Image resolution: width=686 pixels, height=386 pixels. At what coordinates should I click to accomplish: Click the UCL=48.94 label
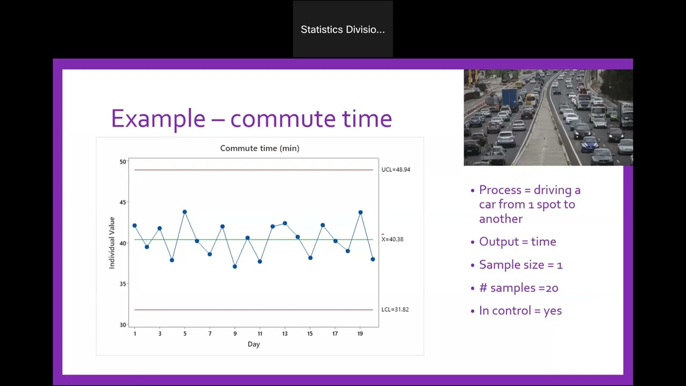396,169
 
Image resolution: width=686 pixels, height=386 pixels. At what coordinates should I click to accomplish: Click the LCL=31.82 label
394,309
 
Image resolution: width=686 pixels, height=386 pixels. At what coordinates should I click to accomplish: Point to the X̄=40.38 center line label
392,239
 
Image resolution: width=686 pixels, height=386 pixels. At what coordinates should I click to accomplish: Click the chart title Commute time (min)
259,148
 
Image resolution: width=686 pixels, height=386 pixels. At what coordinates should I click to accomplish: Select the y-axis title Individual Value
112,242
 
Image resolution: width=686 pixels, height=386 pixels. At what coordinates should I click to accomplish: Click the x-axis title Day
253,344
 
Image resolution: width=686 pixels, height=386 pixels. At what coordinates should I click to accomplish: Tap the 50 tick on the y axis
123,162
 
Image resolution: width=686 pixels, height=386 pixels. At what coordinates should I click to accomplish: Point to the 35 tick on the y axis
123,284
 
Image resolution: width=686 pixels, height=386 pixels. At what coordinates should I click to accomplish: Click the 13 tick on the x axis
285,333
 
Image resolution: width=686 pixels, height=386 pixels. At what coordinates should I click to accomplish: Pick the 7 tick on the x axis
210,333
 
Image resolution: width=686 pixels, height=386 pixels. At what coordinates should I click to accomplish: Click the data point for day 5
185,212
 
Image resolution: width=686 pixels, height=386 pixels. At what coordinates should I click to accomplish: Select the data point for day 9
235,266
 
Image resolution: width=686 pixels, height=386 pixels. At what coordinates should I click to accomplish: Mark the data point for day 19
361,212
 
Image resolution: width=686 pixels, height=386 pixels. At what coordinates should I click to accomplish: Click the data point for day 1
135,226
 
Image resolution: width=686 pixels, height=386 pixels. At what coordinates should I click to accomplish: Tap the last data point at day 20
373,259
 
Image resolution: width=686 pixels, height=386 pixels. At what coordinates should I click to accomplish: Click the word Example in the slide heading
158,118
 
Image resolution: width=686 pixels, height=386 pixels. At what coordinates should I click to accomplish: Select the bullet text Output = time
517,242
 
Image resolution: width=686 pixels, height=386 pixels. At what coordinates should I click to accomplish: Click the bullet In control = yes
520,311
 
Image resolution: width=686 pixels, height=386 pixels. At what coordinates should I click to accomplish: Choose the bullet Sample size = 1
520,265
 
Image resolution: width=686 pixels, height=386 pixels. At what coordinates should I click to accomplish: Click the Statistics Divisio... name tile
343,29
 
